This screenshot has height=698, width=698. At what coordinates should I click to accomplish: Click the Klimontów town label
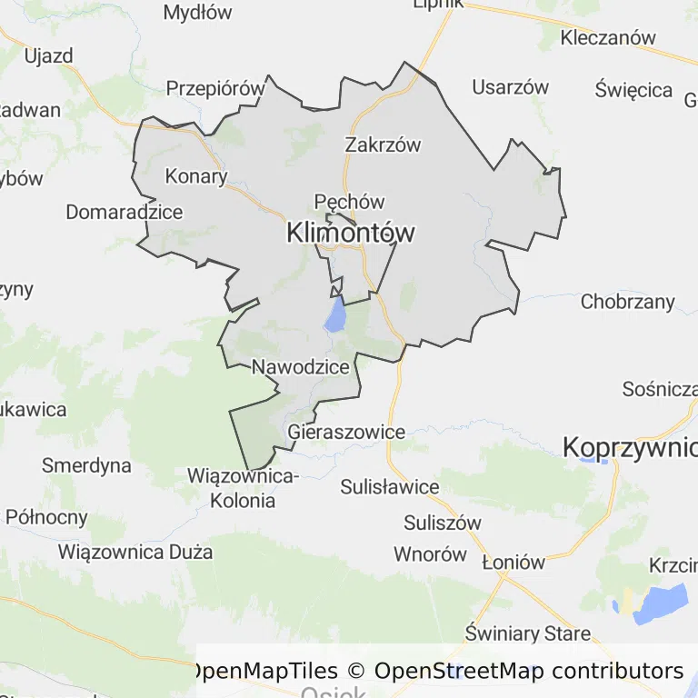click(350, 233)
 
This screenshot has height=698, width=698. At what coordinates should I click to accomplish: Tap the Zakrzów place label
click(383, 145)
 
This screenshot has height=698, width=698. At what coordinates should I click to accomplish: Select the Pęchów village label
click(349, 202)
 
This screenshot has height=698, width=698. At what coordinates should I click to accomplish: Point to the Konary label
click(195, 175)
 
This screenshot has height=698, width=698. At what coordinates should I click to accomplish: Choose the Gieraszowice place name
click(345, 432)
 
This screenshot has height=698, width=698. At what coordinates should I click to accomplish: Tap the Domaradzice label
click(124, 212)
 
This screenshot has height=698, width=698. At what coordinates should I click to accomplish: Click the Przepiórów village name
click(214, 88)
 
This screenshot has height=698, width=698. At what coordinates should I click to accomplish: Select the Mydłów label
click(197, 13)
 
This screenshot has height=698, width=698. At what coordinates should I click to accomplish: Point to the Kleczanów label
click(608, 38)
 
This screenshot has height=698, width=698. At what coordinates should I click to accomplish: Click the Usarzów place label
click(511, 87)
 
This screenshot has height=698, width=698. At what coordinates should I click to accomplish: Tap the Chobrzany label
click(628, 302)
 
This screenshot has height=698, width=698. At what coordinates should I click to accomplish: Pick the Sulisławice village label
click(389, 486)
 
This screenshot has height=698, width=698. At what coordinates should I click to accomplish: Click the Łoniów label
click(513, 562)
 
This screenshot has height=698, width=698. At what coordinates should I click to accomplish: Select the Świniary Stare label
click(527, 633)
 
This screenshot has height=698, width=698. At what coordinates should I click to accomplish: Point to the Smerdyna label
click(86, 466)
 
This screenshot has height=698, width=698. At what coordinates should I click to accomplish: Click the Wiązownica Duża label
click(135, 551)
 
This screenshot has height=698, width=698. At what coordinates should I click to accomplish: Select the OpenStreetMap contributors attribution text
click(529, 671)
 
